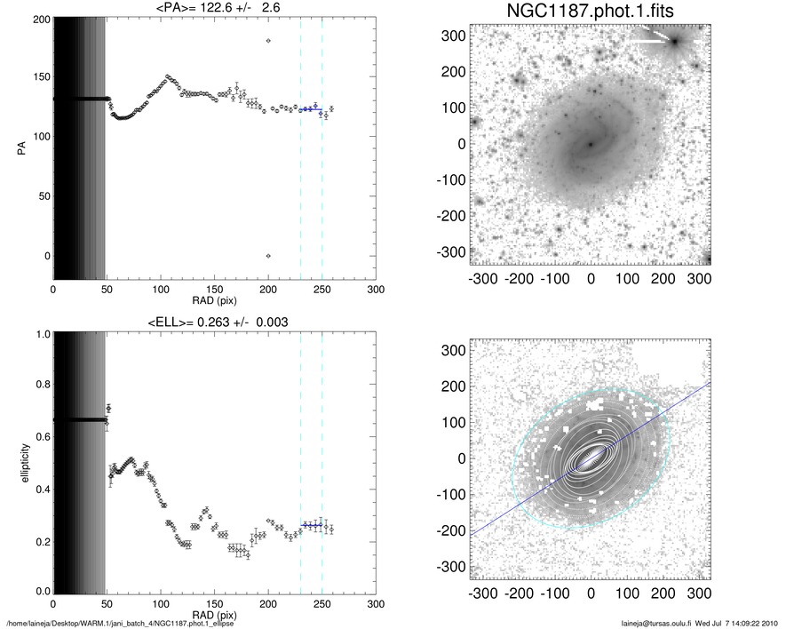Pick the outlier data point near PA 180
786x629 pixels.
268,41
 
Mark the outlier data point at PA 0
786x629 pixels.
268,256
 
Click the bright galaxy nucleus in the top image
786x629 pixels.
590,143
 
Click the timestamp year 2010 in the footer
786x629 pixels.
770,621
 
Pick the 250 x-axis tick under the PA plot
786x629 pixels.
322,290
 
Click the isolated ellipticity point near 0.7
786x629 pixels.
108,409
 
